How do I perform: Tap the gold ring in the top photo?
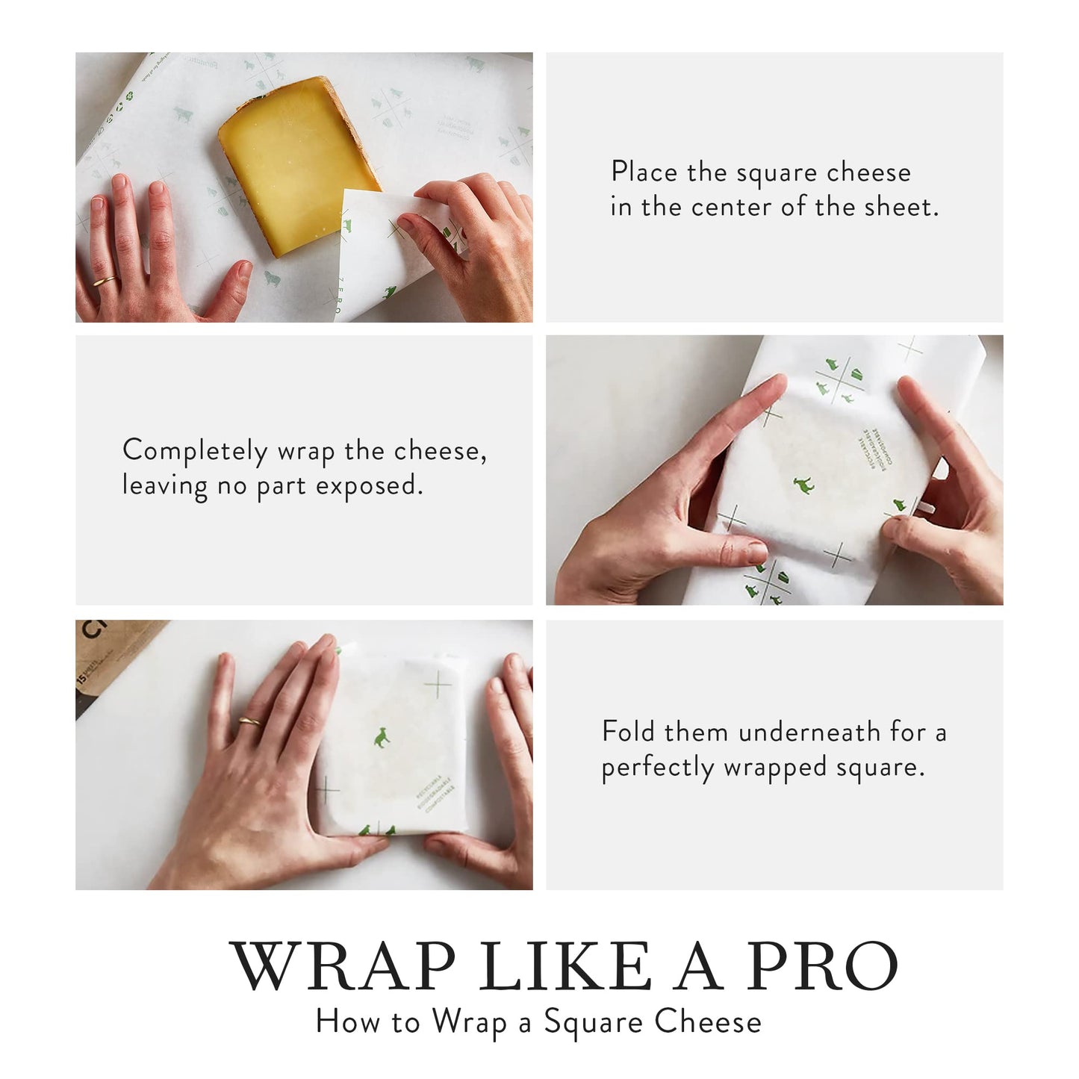coord(105,282)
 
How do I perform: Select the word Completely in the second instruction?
coord(195,452)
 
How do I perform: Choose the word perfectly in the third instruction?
coord(658,768)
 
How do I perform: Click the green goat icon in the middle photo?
coord(803,486)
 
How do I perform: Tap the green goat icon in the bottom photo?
coord(382,738)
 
